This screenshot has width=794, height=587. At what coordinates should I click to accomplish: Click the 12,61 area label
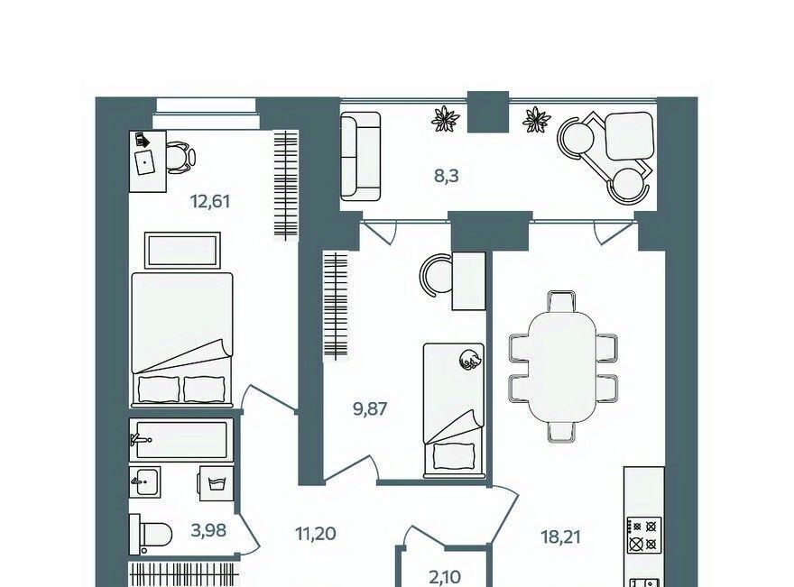(210, 201)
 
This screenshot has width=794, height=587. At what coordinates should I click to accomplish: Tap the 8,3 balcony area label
(447, 176)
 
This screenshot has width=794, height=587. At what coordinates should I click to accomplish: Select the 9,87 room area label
(370, 408)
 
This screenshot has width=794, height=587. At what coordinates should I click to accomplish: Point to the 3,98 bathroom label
(208, 530)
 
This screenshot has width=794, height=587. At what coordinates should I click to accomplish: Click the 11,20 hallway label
(315, 534)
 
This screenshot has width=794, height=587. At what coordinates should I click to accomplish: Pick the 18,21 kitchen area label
(560, 537)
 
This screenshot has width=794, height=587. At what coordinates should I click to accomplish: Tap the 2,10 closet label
(444, 576)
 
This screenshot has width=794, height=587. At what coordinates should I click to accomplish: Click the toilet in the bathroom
(151, 535)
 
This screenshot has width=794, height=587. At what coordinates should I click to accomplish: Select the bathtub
(181, 440)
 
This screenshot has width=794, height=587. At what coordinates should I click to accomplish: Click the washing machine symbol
(217, 483)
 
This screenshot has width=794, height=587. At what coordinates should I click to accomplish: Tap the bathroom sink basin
(145, 481)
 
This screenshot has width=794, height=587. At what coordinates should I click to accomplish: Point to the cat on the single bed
(469, 359)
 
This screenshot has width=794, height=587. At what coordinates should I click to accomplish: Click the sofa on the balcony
(360, 156)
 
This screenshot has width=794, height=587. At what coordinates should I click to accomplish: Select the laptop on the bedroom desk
(146, 161)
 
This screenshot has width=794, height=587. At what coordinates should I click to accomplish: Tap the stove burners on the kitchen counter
(644, 536)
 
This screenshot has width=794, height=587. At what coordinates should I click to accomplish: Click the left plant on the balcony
(445, 119)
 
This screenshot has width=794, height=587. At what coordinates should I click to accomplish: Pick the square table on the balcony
(630, 135)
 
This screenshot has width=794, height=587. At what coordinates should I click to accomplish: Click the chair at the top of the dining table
(561, 301)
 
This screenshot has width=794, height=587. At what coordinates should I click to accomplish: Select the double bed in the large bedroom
(181, 340)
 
